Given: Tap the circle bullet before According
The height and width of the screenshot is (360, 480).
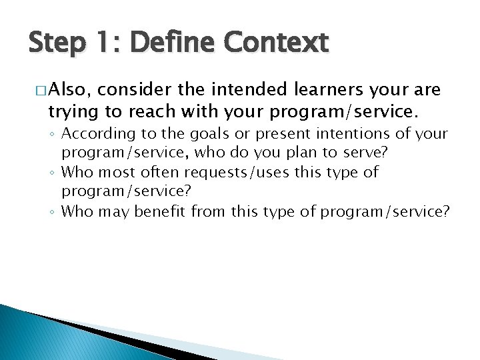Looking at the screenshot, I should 54,135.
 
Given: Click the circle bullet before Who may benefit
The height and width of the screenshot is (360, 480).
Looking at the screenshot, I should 54,213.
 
